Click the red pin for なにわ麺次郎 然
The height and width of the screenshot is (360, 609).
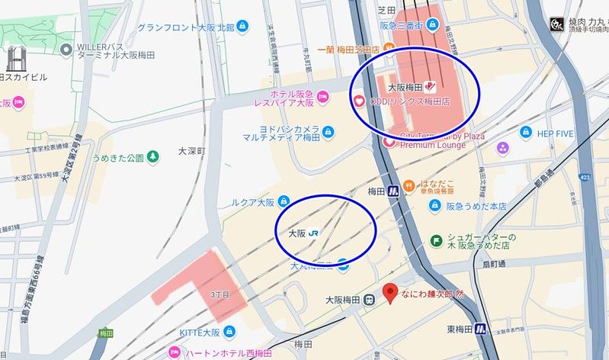pyautogui.click(x=391, y=293)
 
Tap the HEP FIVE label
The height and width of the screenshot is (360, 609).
pyautogui.click(x=554, y=133)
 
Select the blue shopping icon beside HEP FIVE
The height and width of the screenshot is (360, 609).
pyautogui.click(x=525, y=133)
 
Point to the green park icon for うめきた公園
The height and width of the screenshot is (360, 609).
pyautogui.click(x=153, y=158)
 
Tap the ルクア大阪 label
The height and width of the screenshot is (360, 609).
pyautogui.click(x=252, y=203)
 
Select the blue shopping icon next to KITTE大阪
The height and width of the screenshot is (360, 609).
pyautogui.click(x=229, y=332)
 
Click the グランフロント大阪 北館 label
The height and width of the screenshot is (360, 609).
pyautogui.click(x=187, y=27)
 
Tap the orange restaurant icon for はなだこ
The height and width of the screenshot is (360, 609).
pyautogui.click(x=409, y=185)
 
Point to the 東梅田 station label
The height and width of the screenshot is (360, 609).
pyautogui.click(x=460, y=329)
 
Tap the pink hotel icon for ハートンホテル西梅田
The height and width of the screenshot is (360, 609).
pyautogui.click(x=174, y=352)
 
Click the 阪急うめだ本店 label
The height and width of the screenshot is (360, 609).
pyautogui.click(x=476, y=206)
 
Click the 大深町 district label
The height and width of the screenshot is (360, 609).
pyautogui.click(x=191, y=152)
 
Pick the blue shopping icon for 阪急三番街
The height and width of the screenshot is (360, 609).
pyautogui.click(x=432, y=24)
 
